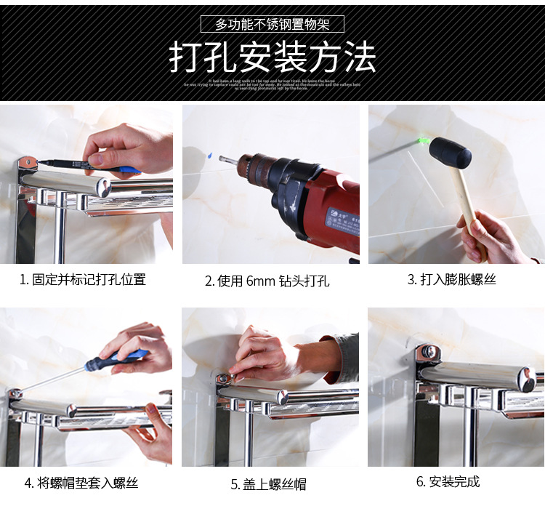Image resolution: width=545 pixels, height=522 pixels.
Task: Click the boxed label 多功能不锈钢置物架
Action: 272,24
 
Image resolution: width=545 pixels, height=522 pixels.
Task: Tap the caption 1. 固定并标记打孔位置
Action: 83,279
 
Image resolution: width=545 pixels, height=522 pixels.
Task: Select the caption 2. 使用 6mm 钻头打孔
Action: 267,281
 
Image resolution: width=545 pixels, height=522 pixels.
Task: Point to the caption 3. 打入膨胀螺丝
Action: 451,279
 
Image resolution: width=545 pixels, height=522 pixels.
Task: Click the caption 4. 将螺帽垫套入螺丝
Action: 81,482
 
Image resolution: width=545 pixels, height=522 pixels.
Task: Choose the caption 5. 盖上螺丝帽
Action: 268,484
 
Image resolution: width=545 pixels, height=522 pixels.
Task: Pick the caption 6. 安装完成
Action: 448,481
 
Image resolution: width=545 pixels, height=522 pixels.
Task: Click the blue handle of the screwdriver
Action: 131,357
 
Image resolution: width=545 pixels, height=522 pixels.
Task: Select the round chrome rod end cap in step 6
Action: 524,379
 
